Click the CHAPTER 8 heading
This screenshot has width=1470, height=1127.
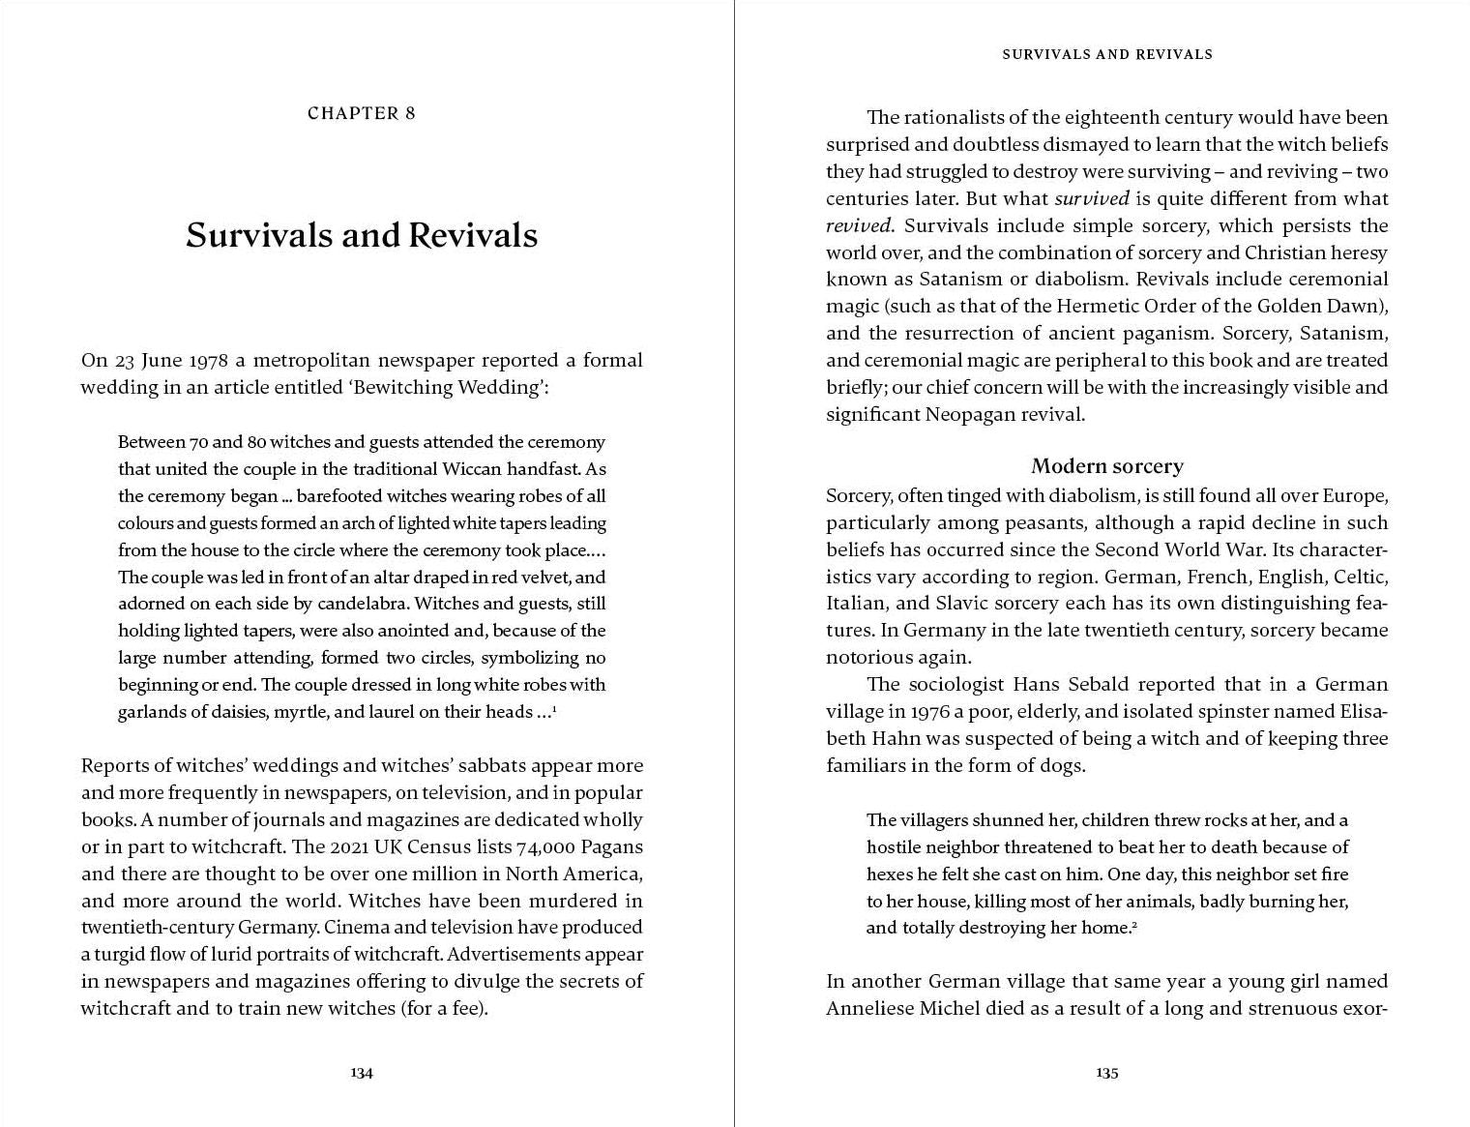point(361,113)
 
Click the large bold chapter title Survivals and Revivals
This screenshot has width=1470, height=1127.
point(361,235)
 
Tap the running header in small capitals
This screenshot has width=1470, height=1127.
point(1106,54)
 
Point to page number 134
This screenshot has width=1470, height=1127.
point(361,1072)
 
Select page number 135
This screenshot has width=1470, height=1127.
point(1106,1072)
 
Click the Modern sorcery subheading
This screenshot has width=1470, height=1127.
point(1106,466)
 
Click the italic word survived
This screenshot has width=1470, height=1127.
point(1091,198)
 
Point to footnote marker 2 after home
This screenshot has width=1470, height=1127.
point(1133,925)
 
